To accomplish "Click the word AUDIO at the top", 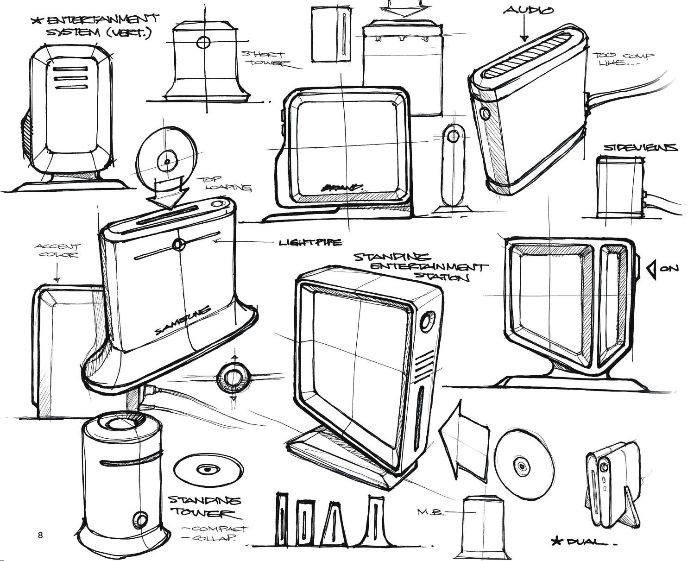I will tap(528, 10).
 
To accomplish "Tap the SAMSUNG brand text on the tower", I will tap(183, 320).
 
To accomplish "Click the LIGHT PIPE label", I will tap(310, 242).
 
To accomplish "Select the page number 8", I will tap(40, 536).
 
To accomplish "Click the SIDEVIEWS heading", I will tap(640, 148).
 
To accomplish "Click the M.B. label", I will tap(430, 512).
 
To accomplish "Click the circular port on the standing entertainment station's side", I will tap(427, 321).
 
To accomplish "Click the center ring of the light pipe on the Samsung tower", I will tap(178, 244).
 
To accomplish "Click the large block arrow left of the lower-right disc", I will tap(463, 440).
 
